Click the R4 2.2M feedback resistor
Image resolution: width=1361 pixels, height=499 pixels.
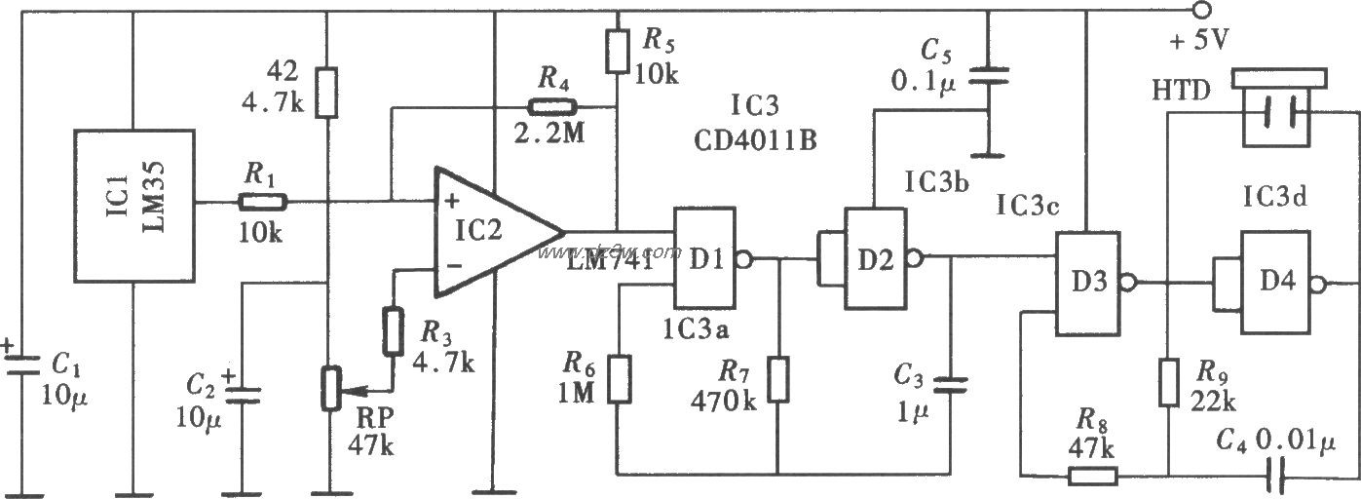pos(551,108)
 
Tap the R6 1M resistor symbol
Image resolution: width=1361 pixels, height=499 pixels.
pos(618,379)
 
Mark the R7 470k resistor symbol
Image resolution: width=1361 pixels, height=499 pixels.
pos(779,379)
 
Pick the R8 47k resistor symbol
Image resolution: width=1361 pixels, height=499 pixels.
pos(1095,476)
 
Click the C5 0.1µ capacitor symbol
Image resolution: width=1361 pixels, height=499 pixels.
pos(988,72)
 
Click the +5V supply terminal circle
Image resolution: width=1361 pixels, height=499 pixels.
pos(1202,12)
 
